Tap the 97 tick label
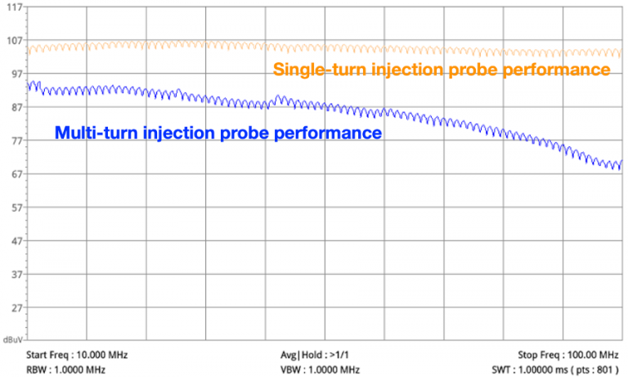(x=12, y=74)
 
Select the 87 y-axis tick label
(x=12, y=108)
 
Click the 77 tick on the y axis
(x=12, y=141)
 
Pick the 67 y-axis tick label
(x=12, y=174)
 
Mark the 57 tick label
(x=12, y=208)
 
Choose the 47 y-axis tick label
(x=12, y=241)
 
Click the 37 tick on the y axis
(x=12, y=275)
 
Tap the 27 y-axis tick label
(x=12, y=308)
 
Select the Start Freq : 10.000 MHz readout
(x=77, y=355)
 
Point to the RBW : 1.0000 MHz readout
(x=66, y=370)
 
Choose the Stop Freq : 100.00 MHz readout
(x=568, y=355)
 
